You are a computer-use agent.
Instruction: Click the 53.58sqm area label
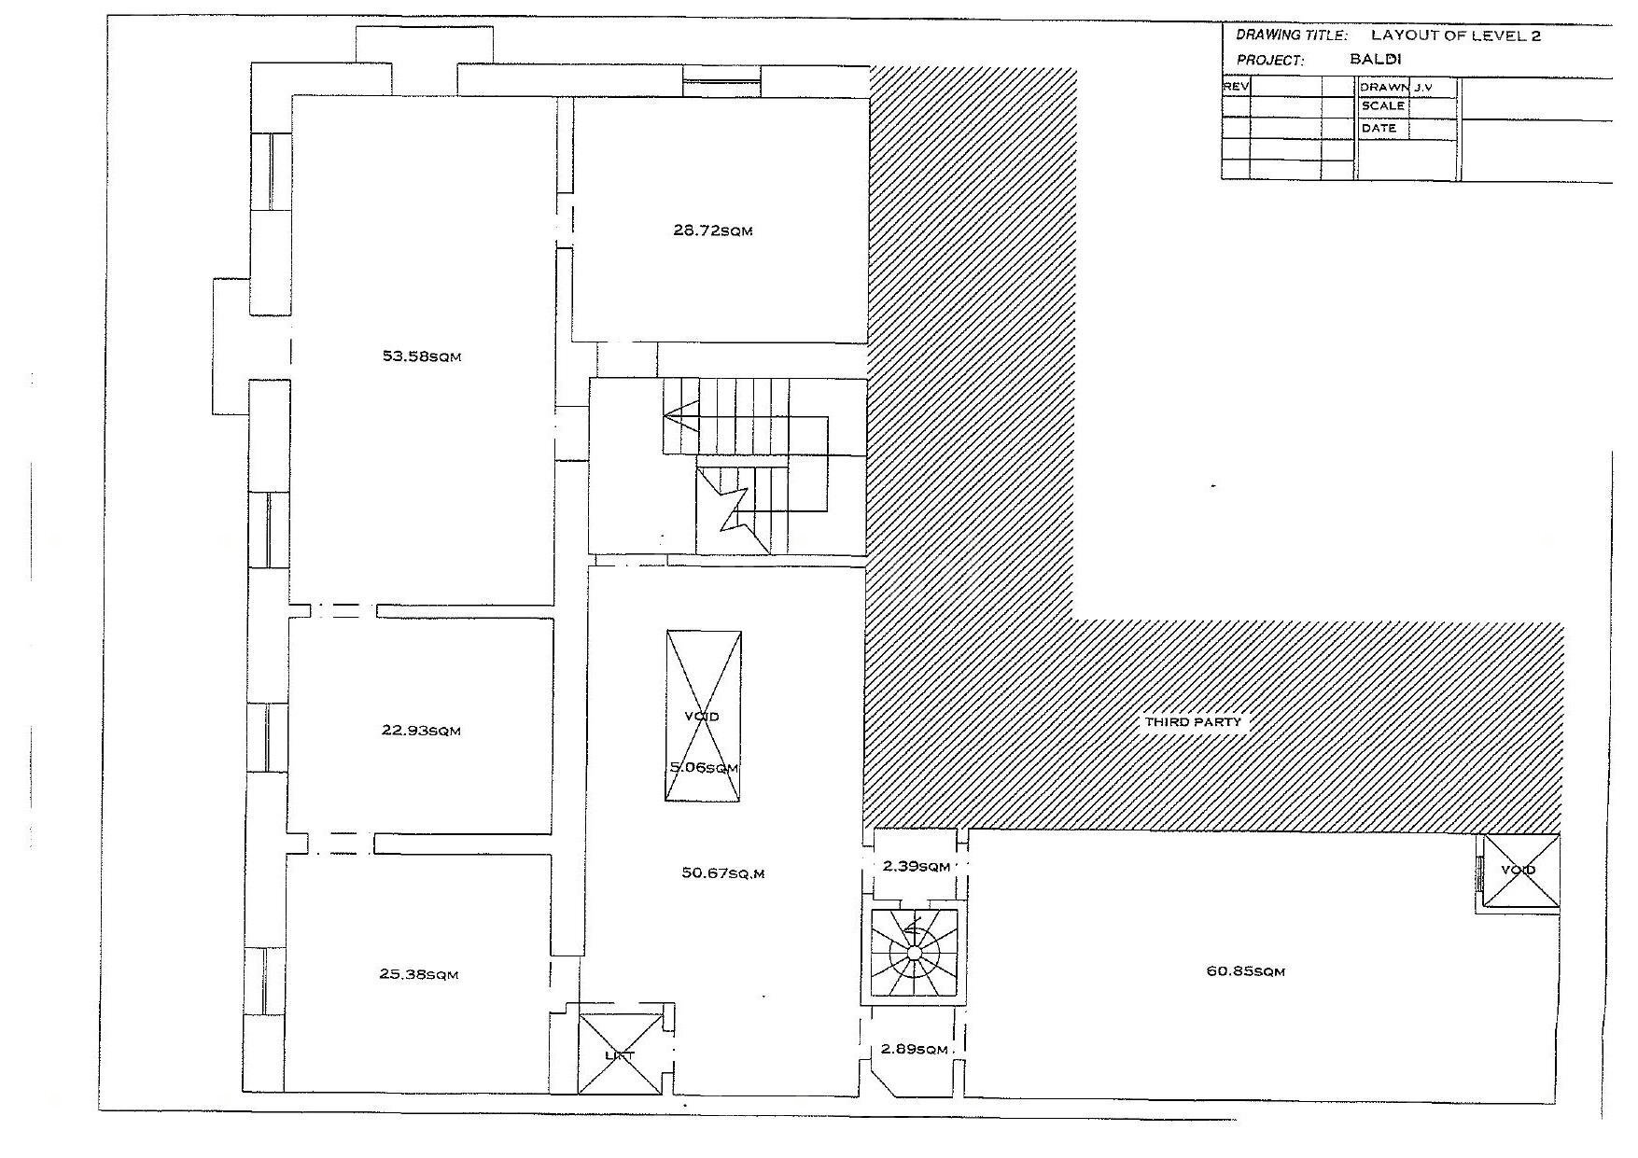[422, 356]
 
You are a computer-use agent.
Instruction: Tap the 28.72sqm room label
[712, 230]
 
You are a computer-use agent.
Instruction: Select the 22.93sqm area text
[421, 731]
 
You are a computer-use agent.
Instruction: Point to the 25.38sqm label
[418, 974]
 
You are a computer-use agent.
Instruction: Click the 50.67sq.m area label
[723, 873]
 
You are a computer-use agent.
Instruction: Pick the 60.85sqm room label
[1246, 971]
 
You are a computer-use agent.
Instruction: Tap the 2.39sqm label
[916, 867]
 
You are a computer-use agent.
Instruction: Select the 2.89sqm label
[914, 1050]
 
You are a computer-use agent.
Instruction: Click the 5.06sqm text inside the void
[704, 768]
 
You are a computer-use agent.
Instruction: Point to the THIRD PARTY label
[1193, 721]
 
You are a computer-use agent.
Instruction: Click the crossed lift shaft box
[620, 1053]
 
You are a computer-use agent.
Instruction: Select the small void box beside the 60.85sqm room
[1521, 871]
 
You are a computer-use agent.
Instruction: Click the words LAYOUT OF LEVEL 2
[1455, 36]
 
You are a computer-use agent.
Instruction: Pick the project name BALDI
[1376, 59]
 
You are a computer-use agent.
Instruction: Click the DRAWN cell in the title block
[1383, 87]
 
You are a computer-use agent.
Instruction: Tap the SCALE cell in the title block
[1382, 106]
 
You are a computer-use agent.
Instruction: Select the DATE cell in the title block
[1379, 128]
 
